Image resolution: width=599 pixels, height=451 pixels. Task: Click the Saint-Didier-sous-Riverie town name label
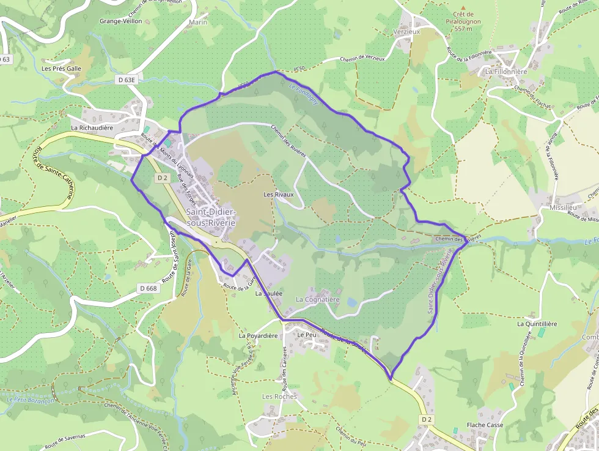coord(211,218)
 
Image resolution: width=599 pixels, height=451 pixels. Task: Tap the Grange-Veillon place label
coord(121,21)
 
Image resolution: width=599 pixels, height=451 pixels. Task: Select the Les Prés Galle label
coord(61,69)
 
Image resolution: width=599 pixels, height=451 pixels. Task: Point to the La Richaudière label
coord(92,128)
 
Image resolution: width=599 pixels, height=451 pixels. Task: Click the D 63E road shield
coord(127,80)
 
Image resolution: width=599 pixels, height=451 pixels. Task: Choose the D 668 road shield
coord(148,288)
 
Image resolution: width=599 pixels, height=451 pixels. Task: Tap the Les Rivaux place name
coord(278,195)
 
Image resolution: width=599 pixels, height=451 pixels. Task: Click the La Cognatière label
coord(317,300)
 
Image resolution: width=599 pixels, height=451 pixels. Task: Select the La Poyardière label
coord(258,336)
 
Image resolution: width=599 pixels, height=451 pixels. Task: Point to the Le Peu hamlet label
coord(307,335)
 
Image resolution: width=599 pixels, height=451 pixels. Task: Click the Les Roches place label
coord(279,397)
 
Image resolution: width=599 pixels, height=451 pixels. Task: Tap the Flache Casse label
coord(485,425)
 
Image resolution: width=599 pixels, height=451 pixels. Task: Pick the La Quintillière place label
coord(537,324)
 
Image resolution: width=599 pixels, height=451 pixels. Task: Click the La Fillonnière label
coord(506,72)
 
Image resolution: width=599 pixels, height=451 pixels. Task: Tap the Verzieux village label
coord(407,31)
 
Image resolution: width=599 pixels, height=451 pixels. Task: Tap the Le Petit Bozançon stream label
coord(31,400)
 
